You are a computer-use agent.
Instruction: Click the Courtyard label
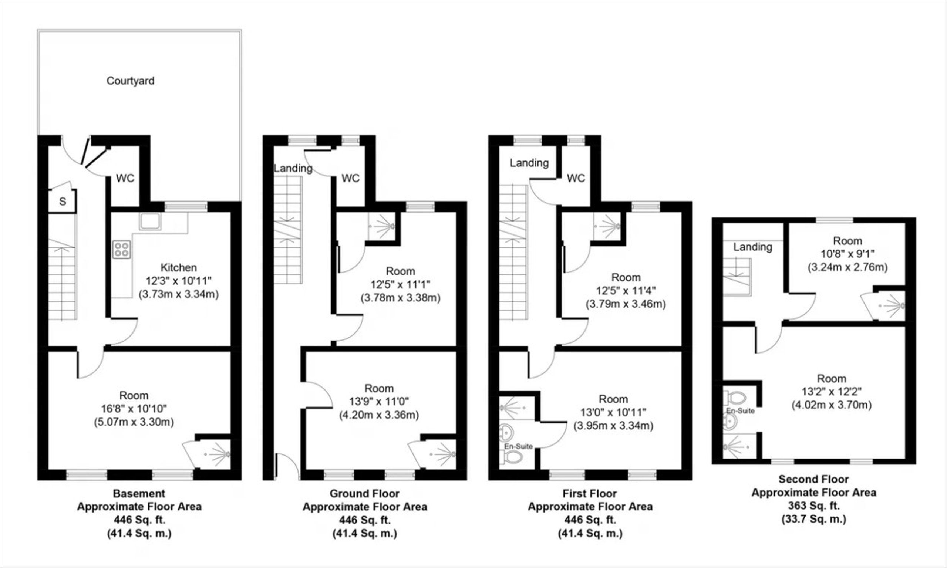[x=131, y=81]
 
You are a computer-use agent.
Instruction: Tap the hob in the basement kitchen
[x=121, y=250]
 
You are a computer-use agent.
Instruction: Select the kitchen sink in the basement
[x=150, y=221]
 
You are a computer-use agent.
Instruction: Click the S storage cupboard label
[x=63, y=201]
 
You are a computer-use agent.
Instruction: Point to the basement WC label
[x=125, y=178]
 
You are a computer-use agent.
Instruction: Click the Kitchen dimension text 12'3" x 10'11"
[x=178, y=281]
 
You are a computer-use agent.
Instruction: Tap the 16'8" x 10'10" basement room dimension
[x=134, y=409]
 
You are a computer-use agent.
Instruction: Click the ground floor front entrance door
[x=287, y=466]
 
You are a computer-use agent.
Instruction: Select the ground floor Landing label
[x=293, y=168]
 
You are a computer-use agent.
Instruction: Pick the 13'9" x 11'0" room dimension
[x=379, y=402]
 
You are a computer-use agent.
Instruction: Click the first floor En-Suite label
[x=518, y=446]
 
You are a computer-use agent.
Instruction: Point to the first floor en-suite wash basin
[x=507, y=433]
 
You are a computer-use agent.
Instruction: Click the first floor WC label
[x=576, y=178]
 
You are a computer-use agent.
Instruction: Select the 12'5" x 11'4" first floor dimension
[x=626, y=291]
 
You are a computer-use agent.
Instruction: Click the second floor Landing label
[x=752, y=247]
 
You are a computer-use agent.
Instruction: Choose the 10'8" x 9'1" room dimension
[x=847, y=254]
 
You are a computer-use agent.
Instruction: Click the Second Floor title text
[x=814, y=479]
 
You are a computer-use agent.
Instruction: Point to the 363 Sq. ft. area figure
[x=814, y=506]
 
